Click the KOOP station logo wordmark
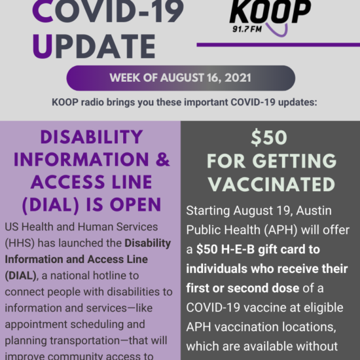click(x=270, y=12)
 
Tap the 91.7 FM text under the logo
click(x=247, y=29)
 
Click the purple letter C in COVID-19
click(x=43, y=12)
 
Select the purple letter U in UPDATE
click(x=43, y=46)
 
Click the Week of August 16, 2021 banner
click(x=181, y=78)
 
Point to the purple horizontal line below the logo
click(x=278, y=45)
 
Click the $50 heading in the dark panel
click(x=269, y=137)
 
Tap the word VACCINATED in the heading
click(x=272, y=184)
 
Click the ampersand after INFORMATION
click(x=162, y=159)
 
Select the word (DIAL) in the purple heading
click(x=50, y=205)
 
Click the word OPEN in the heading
click(x=135, y=205)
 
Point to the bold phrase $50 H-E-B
click(x=225, y=249)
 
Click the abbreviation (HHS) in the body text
click(x=20, y=243)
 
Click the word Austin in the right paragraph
click(x=314, y=211)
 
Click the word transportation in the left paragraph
click(x=84, y=341)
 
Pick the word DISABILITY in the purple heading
click(x=92, y=137)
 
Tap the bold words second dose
click(x=263, y=289)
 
